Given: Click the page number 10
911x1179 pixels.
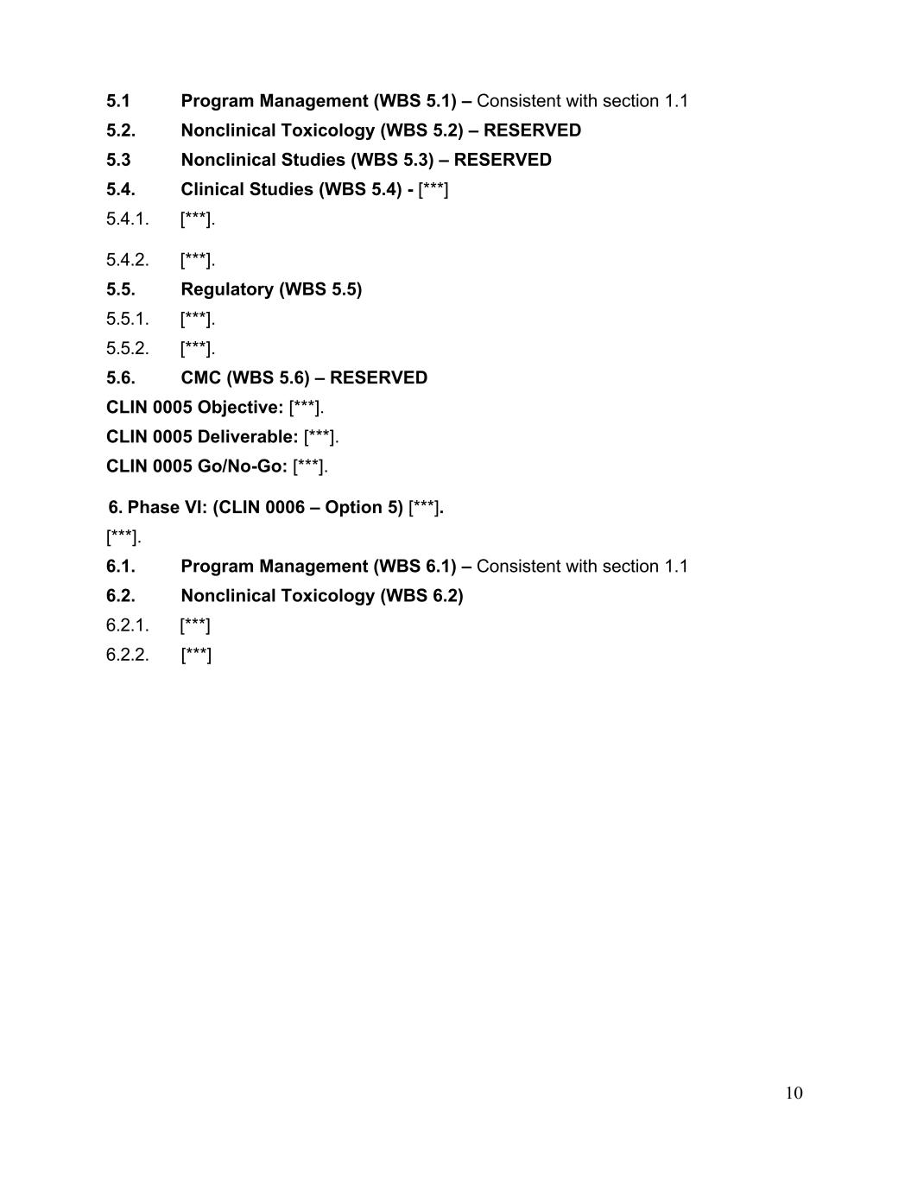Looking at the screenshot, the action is pyautogui.click(x=794, y=1093).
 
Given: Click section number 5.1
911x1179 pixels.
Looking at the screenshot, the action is pyautogui.click(x=118, y=101).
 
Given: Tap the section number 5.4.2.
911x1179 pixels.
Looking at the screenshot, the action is pyautogui.click(x=127, y=259).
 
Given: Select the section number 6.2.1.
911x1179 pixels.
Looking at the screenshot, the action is pyautogui.click(x=127, y=624).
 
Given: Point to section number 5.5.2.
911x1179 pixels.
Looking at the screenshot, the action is pyautogui.click(x=127, y=348).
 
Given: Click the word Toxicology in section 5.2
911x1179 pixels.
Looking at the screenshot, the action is pyautogui.click(x=331, y=130).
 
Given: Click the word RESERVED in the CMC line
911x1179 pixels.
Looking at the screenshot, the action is pyautogui.click(x=378, y=377).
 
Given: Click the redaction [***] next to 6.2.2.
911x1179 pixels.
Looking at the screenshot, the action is pyautogui.click(x=196, y=655).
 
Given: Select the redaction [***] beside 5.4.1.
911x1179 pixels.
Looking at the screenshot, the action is pyautogui.click(x=196, y=219).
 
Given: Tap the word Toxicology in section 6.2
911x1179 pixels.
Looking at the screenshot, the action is pyautogui.click(x=331, y=596).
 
